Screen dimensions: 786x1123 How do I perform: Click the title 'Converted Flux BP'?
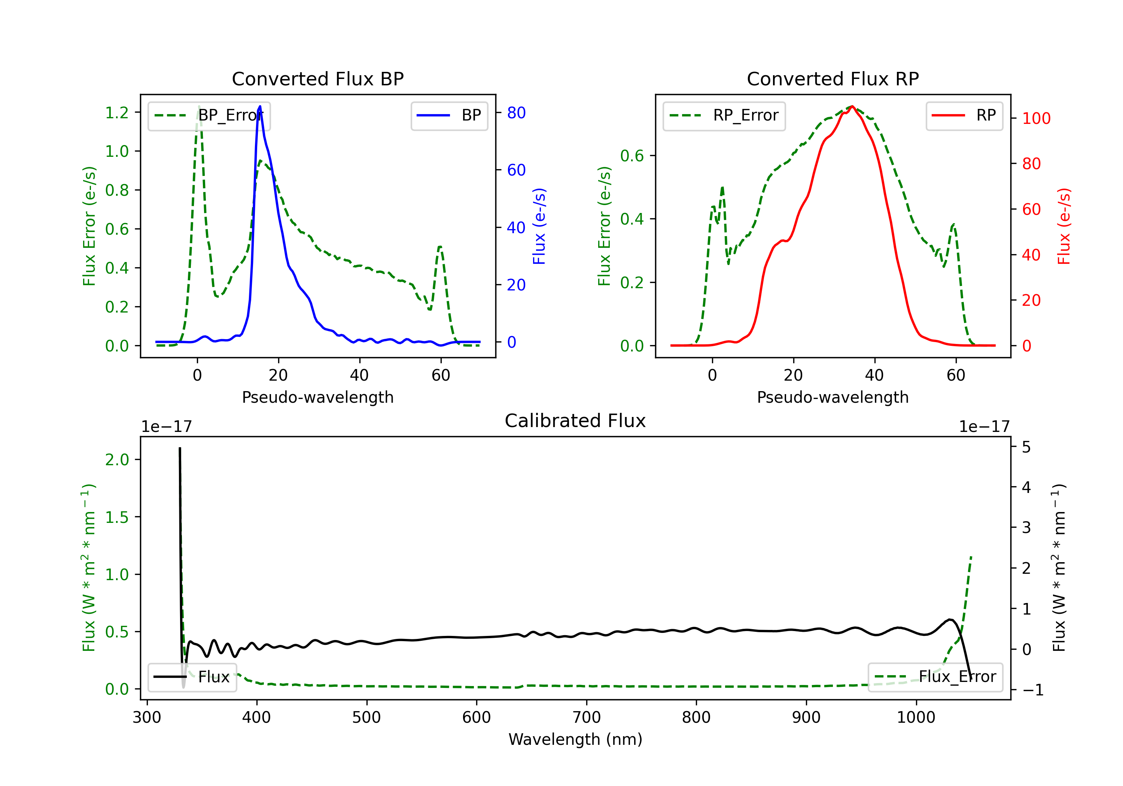point(317,79)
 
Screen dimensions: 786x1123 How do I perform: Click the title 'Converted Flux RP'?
point(833,79)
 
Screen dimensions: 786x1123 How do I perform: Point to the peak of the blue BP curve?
point(260,107)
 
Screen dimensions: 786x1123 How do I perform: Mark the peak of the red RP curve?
point(852,106)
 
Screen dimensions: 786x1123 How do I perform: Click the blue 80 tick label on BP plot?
point(516,113)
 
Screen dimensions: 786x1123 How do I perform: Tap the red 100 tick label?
point(1036,118)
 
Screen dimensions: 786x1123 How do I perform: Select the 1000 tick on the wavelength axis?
point(916,718)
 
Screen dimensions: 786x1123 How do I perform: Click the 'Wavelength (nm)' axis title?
point(575,739)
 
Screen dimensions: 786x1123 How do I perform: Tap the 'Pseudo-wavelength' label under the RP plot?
point(833,397)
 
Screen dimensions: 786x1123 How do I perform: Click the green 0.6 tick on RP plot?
point(632,156)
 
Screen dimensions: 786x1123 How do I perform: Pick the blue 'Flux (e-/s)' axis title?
point(539,226)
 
